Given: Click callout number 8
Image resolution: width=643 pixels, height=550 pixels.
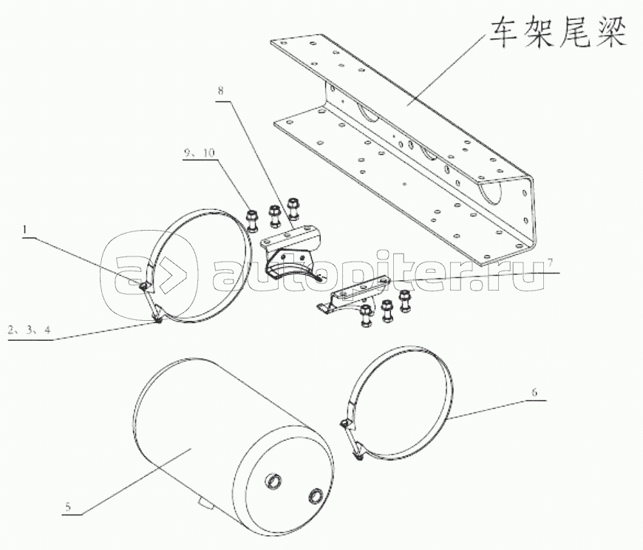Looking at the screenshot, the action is pyautogui.click(x=221, y=90).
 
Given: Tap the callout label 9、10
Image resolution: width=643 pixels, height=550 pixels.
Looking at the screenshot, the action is pyautogui.click(x=200, y=153).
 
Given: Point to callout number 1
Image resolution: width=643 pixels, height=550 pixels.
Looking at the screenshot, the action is pyautogui.click(x=26, y=230).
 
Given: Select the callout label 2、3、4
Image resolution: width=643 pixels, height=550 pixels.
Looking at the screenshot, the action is pyautogui.click(x=29, y=330).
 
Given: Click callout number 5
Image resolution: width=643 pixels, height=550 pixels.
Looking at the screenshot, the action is pyautogui.click(x=68, y=506).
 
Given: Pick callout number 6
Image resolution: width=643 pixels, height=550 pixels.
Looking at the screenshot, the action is pyautogui.click(x=534, y=393).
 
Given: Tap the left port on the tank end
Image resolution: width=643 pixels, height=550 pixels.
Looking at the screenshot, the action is pyautogui.click(x=274, y=481).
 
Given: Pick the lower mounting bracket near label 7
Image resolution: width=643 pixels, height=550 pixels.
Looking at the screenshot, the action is pyautogui.click(x=353, y=294).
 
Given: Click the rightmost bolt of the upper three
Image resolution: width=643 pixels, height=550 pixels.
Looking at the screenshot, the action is pyautogui.click(x=293, y=209).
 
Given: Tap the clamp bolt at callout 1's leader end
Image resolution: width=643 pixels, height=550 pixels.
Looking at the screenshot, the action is pyautogui.click(x=144, y=286).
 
